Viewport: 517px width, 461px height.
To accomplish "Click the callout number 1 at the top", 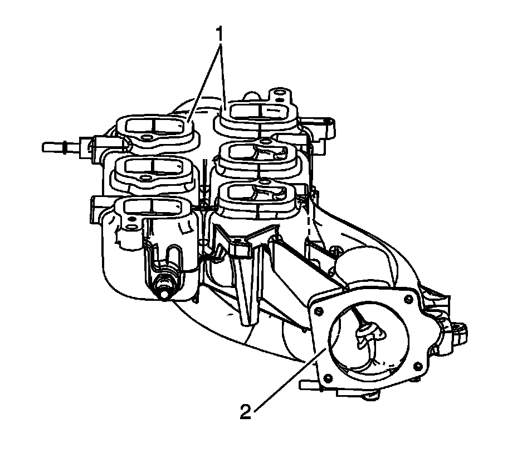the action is (220, 35).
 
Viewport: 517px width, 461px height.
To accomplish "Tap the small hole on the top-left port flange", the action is (147, 138).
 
